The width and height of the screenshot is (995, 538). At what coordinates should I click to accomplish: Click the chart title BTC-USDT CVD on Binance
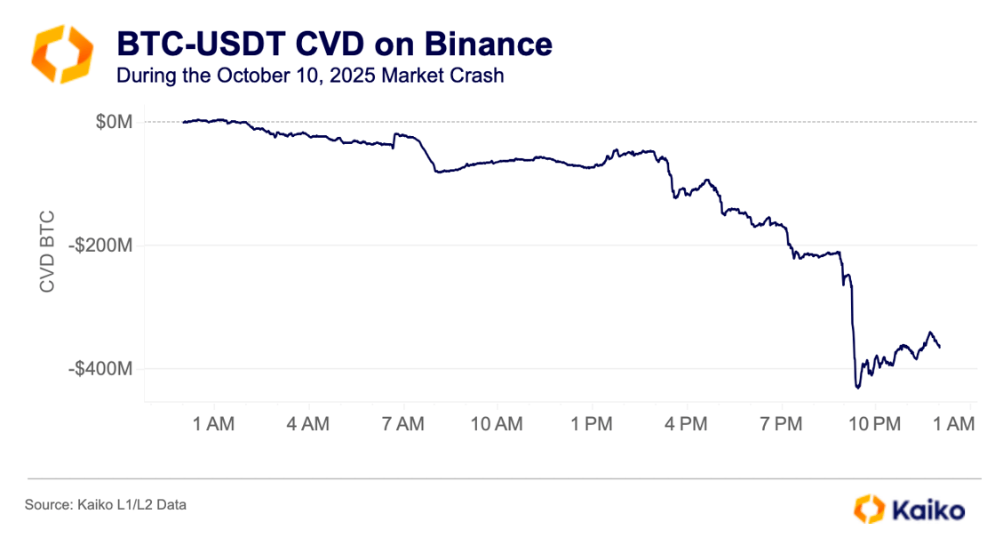pos(334,44)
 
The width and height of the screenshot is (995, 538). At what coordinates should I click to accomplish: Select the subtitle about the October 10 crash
pos(310,76)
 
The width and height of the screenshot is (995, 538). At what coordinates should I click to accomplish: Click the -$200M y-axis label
pos(103,245)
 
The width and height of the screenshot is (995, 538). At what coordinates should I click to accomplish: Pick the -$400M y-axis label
pos(103,368)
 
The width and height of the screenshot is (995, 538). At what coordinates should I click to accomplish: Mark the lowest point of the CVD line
pos(858,388)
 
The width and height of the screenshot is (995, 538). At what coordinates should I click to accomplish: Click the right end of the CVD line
pos(940,347)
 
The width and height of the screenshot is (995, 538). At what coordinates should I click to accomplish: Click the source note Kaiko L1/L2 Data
pos(106,505)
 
